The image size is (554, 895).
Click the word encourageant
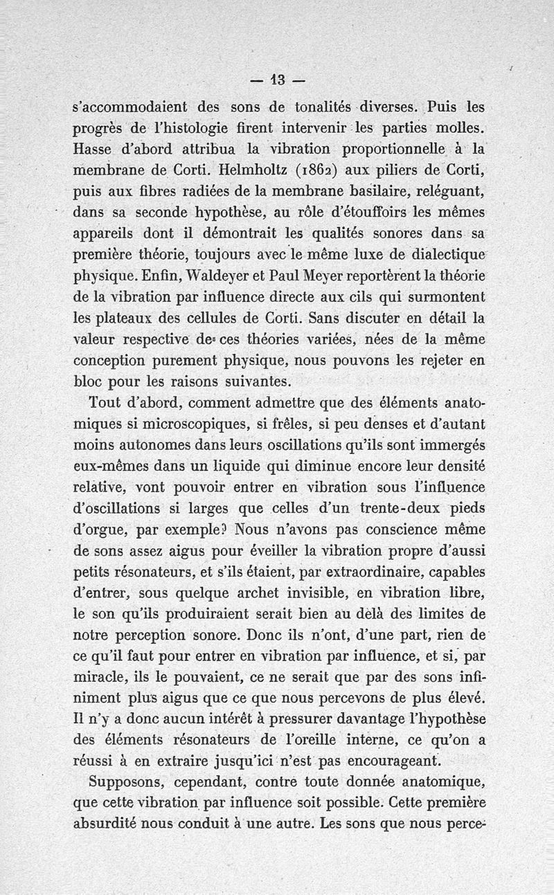(x=395, y=761)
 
